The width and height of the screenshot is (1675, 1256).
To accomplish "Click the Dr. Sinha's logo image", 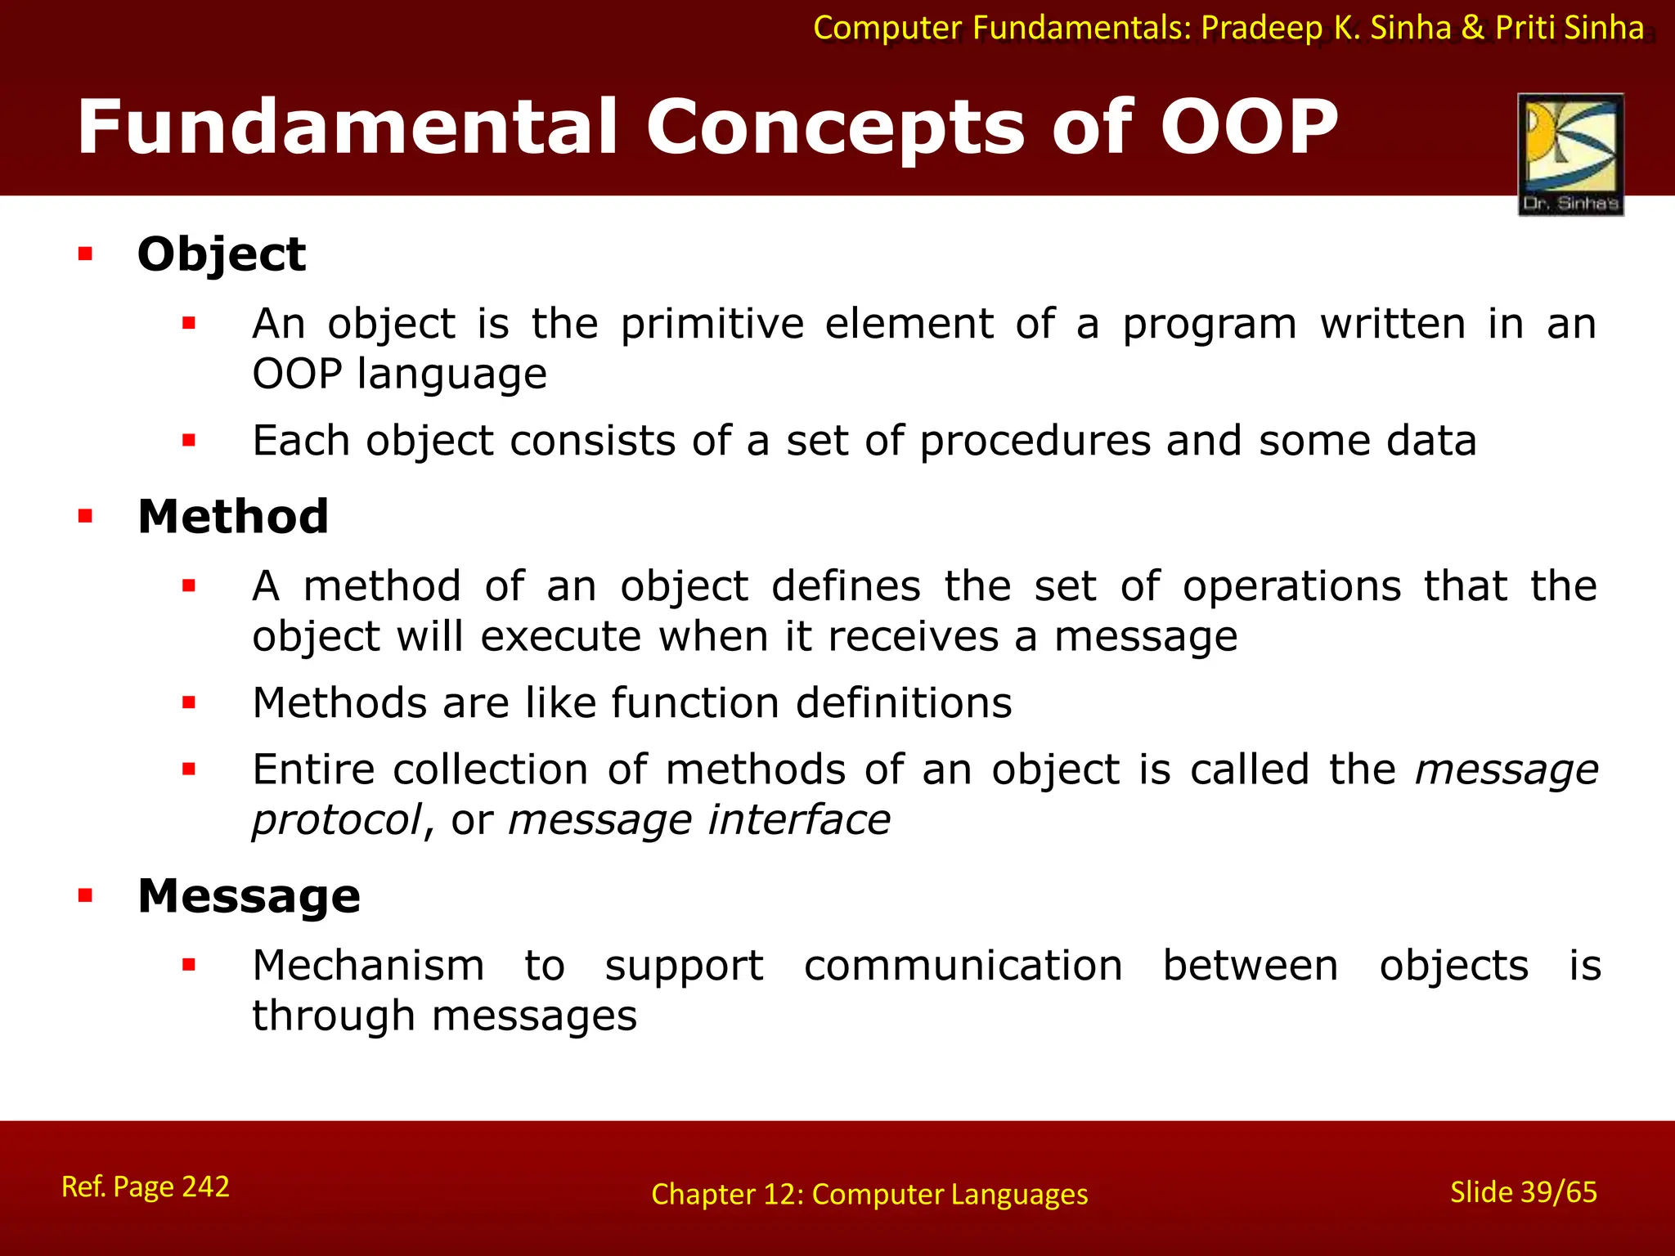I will pyautogui.click(x=1570, y=154).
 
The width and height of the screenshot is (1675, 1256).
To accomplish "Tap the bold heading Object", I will pyautogui.click(x=222, y=254).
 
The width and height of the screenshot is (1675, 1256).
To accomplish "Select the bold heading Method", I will pyautogui.click(x=233, y=517).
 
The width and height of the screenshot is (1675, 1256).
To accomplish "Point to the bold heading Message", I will pyautogui.click(x=249, y=895).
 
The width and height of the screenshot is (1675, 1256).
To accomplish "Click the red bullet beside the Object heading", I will pyautogui.click(x=85, y=254).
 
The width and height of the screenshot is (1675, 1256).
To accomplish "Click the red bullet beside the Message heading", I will pyautogui.click(x=85, y=895).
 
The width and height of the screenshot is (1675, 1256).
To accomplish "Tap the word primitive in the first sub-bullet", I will pyautogui.click(x=712, y=324).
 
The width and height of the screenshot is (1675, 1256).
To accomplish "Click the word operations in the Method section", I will pyautogui.click(x=1291, y=586).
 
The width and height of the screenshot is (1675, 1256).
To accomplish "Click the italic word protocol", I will pyautogui.click(x=336, y=820).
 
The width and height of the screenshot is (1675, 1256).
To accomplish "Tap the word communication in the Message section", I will pyautogui.click(x=963, y=966).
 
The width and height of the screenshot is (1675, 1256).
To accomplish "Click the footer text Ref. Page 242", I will pyautogui.click(x=146, y=1186).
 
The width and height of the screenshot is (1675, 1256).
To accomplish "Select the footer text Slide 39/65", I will pyautogui.click(x=1523, y=1192).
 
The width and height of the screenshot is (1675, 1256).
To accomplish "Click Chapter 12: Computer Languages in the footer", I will pyautogui.click(x=869, y=1195).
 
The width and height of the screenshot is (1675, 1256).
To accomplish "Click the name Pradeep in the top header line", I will pyautogui.click(x=1262, y=29).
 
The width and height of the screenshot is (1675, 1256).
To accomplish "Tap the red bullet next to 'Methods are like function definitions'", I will pyautogui.click(x=189, y=702).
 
